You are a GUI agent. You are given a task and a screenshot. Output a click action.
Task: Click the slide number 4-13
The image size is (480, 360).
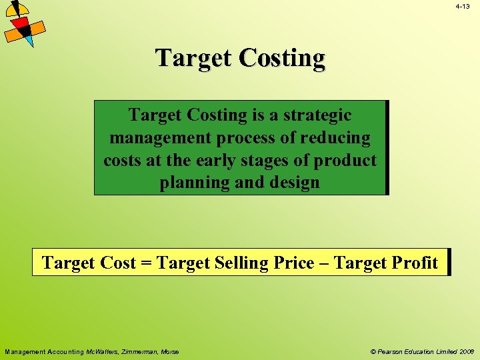(x=463, y=6)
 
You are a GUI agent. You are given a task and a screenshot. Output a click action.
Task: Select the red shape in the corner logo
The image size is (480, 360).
(x=21, y=26)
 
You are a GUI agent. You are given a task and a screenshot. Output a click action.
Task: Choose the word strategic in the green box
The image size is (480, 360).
(x=317, y=115)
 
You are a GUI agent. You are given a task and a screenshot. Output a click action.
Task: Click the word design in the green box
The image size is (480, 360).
(x=293, y=183)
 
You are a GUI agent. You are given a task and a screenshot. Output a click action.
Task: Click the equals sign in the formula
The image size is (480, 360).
(x=147, y=263)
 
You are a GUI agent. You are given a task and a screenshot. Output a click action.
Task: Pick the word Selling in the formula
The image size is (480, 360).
(x=242, y=263)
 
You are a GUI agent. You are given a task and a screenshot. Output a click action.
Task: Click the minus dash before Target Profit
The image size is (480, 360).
(x=324, y=263)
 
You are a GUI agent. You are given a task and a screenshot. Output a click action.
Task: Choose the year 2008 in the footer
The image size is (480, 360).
(x=465, y=351)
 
